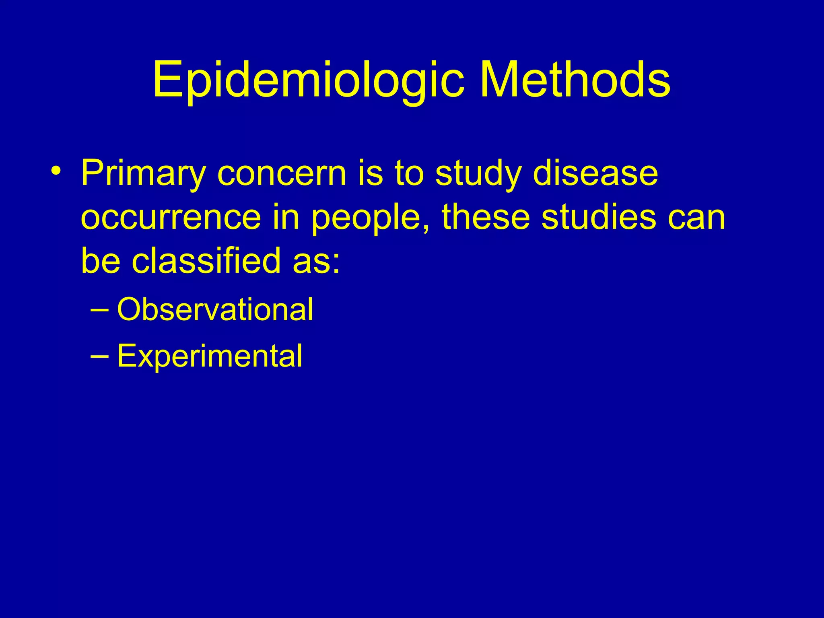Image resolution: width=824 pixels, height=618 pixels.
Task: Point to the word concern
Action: coord(282,174)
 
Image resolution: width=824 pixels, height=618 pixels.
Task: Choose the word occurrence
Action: coord(171,217)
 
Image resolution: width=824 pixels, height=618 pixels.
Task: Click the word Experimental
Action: coord(209,356)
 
